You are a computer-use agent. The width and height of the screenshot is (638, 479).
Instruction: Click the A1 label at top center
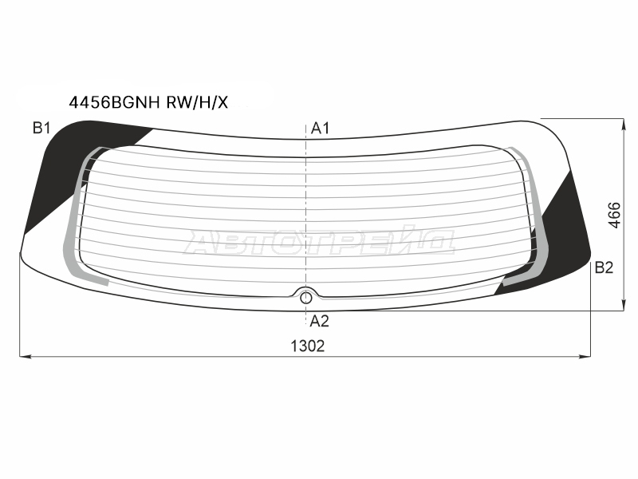[320, 129]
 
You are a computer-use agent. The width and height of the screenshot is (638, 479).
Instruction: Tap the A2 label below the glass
[319, 322]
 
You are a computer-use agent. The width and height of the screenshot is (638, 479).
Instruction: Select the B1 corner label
[41, 128]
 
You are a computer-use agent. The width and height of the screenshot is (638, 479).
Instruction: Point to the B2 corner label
[604, 267]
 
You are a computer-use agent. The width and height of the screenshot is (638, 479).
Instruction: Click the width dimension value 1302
[308, 346]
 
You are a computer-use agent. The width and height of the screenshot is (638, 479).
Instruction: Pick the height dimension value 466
[614, 215]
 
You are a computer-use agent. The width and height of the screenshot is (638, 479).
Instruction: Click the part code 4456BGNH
[114, 103]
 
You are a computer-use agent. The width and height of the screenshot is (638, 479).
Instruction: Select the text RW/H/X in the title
[197, 103]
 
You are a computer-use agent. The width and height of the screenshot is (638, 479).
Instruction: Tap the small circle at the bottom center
[305, 299]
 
